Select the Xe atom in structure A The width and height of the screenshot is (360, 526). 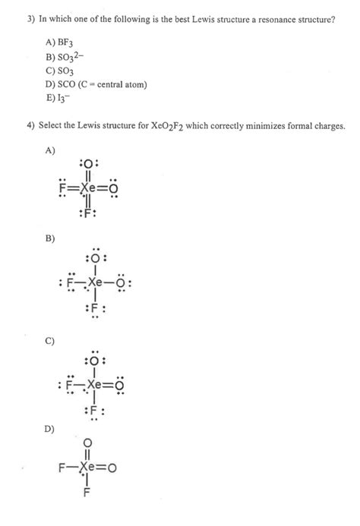click(x=90, y=185)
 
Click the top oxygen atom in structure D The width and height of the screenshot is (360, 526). click(x=88, y=442)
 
